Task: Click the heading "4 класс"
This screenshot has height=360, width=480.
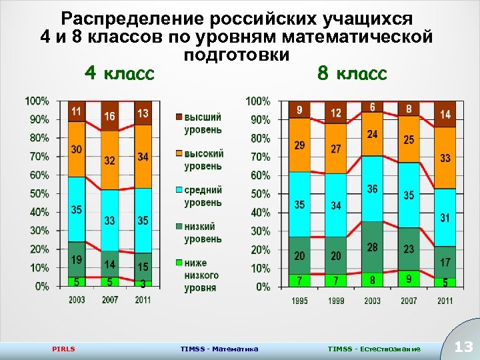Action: point(119,73)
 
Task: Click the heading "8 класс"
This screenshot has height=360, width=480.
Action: point(352,73)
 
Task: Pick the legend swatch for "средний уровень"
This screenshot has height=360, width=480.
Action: point(177,191)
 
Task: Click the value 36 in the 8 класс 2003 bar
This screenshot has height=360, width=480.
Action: point(372,189)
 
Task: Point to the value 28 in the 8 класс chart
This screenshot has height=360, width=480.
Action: point(372,247)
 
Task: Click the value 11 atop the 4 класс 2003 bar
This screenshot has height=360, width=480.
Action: point(77,111)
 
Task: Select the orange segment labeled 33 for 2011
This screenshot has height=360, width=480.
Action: point(445,158)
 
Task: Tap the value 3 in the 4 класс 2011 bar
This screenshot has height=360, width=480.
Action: point(143,283)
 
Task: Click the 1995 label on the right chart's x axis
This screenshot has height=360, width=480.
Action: point(300,301)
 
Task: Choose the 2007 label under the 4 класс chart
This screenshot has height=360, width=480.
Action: point(110,300)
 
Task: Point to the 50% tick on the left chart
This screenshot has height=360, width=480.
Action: point(37,193)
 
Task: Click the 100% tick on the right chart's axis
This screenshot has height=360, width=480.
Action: point(259,101)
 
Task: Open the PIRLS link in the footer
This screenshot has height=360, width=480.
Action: point(63,349)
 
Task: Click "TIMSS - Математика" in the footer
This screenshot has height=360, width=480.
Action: point(219,349)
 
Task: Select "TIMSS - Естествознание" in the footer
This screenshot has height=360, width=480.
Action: point(374,349)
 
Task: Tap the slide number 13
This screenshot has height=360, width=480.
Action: point(463,347)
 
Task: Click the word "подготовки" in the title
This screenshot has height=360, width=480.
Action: point(236,55)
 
